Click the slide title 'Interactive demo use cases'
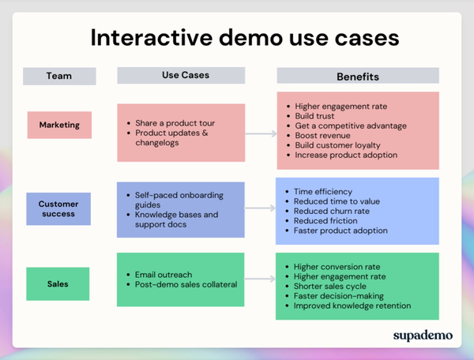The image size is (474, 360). (244, 38)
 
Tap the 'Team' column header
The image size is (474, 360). (59, 77)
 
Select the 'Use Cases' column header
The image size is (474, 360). (180, 76)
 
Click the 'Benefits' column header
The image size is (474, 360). (357, 77)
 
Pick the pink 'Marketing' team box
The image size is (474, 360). (59, 125)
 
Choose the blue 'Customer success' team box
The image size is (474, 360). (59, 209)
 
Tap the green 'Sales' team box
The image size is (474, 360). (59, 284)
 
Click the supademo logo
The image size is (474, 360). (423, 335)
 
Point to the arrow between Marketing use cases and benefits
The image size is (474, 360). (259, 133)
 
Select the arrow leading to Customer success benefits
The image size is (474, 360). (259, 209)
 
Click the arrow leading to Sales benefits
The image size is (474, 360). (259, 280)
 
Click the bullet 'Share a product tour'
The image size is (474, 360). (174, 123)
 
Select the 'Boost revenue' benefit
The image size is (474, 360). (324, 135)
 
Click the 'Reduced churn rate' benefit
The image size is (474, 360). (332, 211)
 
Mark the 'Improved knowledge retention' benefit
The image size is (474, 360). (352, 306)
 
